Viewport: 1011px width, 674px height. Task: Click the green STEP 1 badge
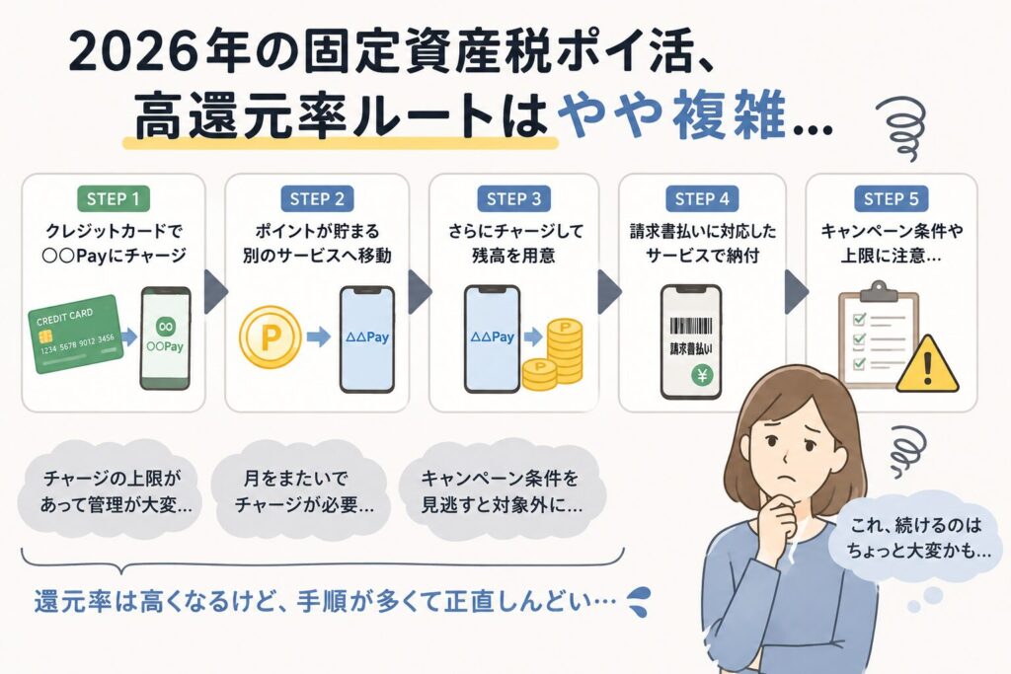tap(114, 198)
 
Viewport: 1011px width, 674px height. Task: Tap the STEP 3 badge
tap(513, 198)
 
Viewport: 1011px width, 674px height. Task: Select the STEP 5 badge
tap(892, 198)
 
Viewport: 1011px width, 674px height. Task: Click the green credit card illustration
tap(75, 335)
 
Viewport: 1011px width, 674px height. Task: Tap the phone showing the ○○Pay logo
tap(166, 338)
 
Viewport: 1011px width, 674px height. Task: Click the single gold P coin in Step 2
tap(271, 337)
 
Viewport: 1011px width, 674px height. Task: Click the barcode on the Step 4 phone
tap(690, 325)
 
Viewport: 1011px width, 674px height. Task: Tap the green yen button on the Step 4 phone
tap(702, 374)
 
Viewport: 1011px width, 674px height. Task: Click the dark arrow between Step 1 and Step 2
tap(215, 291)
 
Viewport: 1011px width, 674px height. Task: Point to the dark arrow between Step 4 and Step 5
tap(797, 291)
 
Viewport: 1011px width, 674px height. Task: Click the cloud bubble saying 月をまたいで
tap(302, 490)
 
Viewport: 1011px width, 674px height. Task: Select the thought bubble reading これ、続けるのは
tap(918, 538)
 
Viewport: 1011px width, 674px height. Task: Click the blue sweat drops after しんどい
tap(639, 601)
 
